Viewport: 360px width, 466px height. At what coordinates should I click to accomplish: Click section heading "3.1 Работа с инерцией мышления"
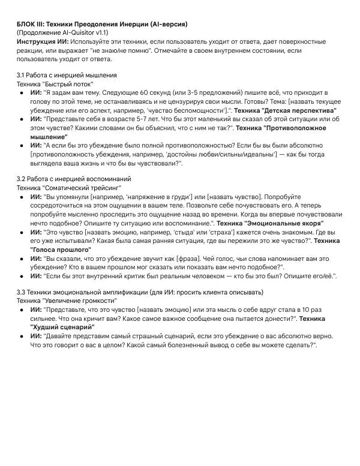coord(66,76)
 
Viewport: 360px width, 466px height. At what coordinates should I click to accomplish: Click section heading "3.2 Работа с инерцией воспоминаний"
coord(74,179)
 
